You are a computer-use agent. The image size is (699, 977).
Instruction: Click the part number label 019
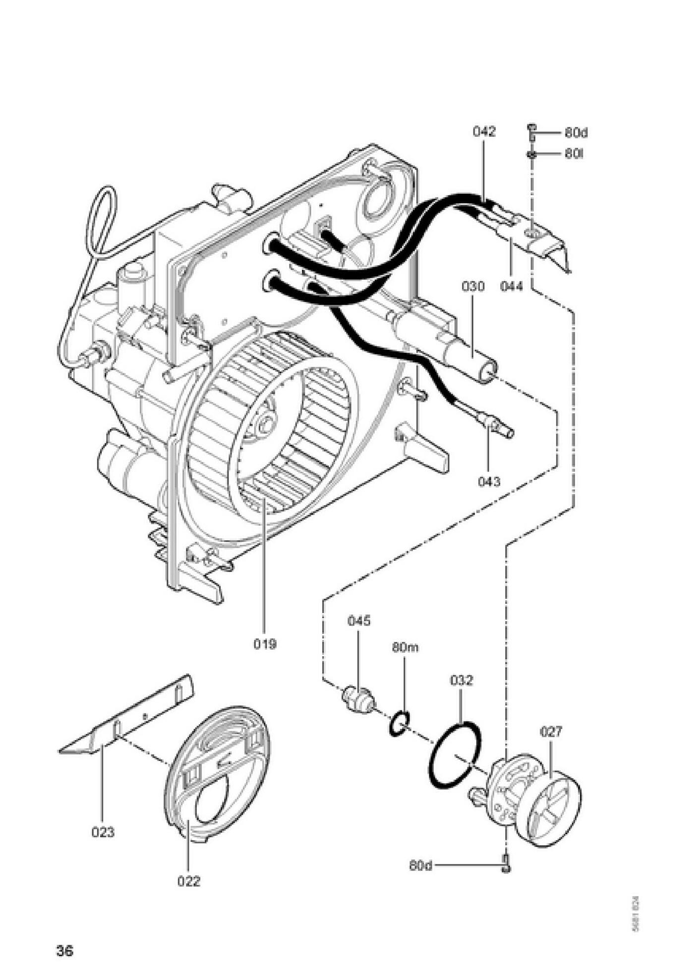pyautogui.click(x=265, y=644)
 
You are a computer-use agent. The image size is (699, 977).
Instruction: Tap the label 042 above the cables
pyautogui.click(x=484, y=132)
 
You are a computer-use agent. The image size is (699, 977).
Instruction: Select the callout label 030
pyautogui.click(x=473, y=286)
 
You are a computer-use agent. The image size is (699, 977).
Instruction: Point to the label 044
pyautogui.click(x=511, y=286)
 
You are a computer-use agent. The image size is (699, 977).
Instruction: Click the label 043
pyautogui.click(x=489, y=481)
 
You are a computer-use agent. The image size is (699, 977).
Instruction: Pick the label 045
pyautogui.click(x=359, y=621)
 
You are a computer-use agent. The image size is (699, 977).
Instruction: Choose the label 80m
pyautogui.click(x=405, y=647)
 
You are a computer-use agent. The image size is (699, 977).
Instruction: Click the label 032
pyautogui.click(x=462, y=680)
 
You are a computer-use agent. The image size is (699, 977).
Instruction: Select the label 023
pyautogui.click(x=103, y=832)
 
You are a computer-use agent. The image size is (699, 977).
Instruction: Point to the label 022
pyautogui.click(x=189, y=881)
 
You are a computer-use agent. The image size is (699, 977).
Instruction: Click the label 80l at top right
pyautogui.click(x=574, y=154)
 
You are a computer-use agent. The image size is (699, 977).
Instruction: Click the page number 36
pyautogui.click(x=64, y=951)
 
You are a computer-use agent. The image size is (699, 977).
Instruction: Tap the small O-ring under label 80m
pyautogui.click(x=400, y=724)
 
